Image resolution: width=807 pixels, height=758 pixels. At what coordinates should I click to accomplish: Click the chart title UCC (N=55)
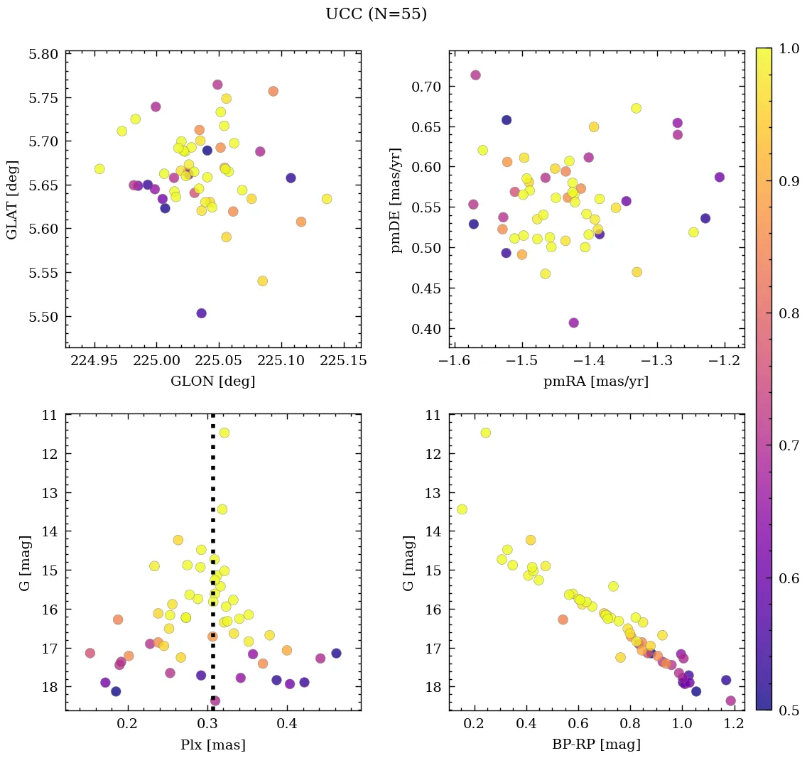[376, 14]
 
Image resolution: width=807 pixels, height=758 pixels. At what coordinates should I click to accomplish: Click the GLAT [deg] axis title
[12, 200]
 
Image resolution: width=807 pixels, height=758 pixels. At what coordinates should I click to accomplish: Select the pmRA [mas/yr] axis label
[595, 381]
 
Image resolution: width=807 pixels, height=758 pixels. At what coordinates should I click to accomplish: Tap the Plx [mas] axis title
[212, 745]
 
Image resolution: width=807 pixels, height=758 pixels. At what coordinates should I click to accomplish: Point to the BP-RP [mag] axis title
[596, 745]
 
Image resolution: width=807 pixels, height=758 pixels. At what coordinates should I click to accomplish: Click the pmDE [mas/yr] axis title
[396, 200]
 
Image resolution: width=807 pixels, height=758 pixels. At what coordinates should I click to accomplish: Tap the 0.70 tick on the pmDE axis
[427, 87]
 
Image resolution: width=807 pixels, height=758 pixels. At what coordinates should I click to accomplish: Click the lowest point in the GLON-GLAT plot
[202, 313]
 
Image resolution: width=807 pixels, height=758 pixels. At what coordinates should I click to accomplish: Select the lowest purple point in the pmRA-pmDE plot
[573, 323]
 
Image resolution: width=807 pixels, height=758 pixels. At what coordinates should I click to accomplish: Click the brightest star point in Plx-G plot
[224, 433]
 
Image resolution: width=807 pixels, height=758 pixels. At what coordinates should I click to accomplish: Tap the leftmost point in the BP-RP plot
[462, 509]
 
